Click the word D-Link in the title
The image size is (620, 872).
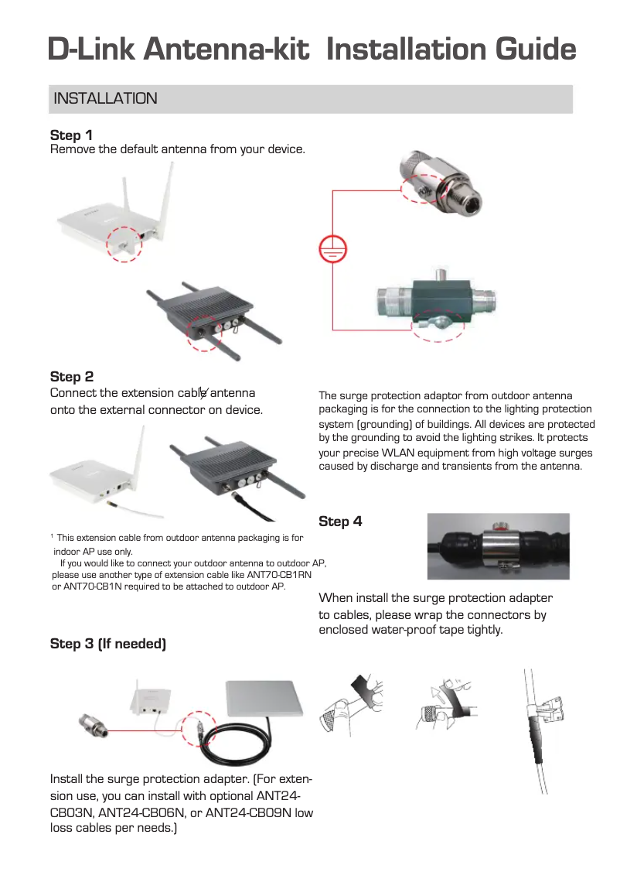point(92,50)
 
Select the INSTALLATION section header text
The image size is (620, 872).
point(104,99)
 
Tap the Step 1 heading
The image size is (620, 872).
point(71,135)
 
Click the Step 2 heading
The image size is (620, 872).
point(71,377)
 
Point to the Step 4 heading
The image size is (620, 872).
point(340,521)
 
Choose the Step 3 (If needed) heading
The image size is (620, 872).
point(107,644)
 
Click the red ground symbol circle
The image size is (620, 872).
point(332,249)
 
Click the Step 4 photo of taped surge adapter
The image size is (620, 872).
point(498,546)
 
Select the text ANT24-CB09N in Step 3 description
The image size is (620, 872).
point(240,812)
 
